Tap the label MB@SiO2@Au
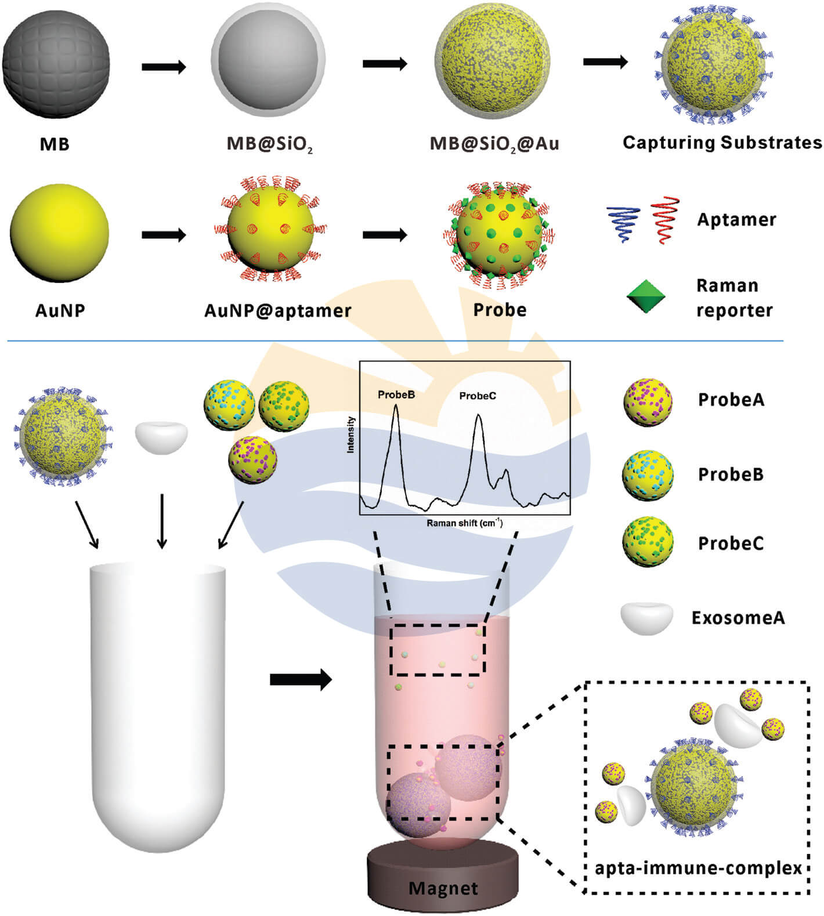tap(494, 143)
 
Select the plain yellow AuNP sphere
tap(59, 234)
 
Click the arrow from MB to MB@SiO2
tap(164, 67)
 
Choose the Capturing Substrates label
tap(722, 143)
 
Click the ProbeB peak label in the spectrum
tap(396, 395)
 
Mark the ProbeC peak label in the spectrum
tap(478, 396)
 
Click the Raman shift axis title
tap(464, 523)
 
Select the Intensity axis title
tap(350, 435)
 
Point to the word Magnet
tap(443, 888)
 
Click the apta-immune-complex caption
tap(698, 868)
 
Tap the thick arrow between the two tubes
tap(301, 679)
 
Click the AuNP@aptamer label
tap(278, 311)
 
